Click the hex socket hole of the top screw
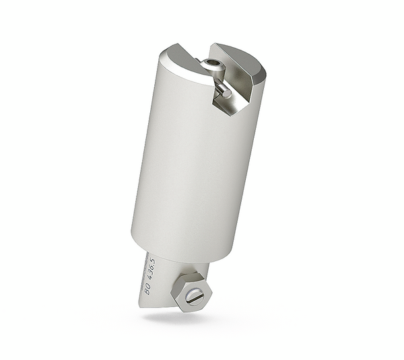[x=213, y=64]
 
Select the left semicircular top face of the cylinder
[x=176, y=59]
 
